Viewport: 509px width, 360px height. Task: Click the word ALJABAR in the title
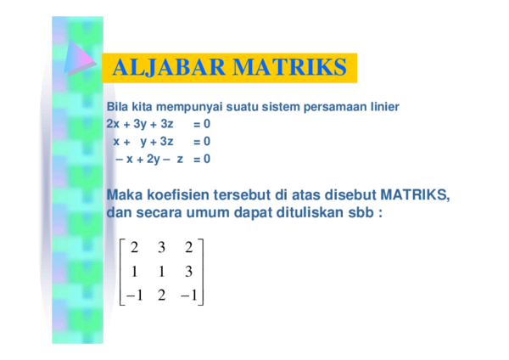pos(169,67)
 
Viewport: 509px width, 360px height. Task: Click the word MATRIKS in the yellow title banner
pos(290,67)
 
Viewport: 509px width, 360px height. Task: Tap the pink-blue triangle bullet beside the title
pos(80,57)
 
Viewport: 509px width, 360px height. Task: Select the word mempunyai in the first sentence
pos(189,107)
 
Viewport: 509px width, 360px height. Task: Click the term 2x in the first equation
pos(113,124)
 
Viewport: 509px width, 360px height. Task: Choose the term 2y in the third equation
pos(154,160)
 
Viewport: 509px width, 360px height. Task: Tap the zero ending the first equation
pos(207,124)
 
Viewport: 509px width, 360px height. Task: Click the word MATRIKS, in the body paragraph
pos(415,195)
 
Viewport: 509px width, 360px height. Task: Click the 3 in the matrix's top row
pos(162,248)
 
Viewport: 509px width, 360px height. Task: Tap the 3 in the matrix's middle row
pos(189,272)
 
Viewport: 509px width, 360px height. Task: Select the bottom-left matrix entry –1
pos(134,295)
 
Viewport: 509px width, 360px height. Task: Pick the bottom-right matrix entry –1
pos(189,295)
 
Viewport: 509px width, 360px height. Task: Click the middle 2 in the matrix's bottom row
pos(162,295)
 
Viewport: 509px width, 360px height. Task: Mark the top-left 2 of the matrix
pos(134,248)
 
